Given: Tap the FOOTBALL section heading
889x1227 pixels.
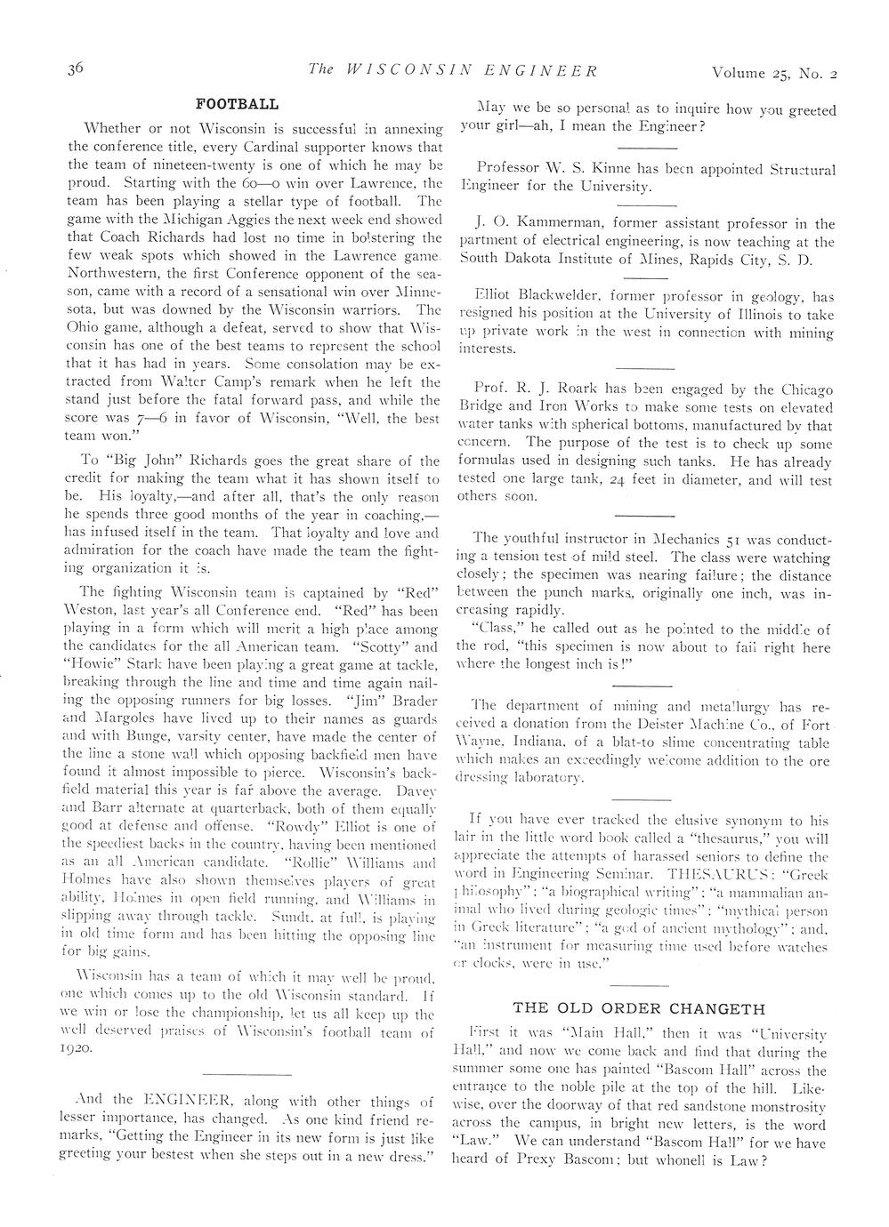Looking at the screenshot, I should [x=238, y=104].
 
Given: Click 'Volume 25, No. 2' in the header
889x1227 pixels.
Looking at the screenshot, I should [x=774, y=71].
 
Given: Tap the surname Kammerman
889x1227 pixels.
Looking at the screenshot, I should [x=546, y=224].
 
